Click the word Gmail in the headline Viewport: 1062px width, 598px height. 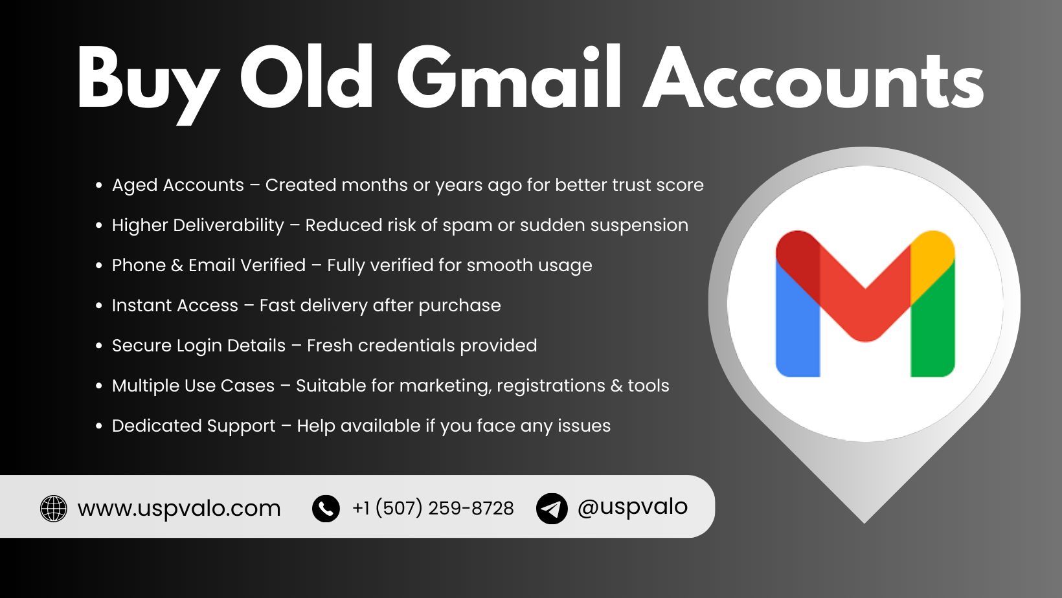pyautogui.click(x=509, y=79)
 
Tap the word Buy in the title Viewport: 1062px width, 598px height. pyautogui.click(x=148, y=81)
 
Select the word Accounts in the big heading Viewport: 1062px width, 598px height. pyautogui.click(x=813, y=79)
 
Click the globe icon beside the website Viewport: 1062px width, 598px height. pyautogui.click(x=54, y=509)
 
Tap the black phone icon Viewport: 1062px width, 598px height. pyautogui.click(x=326, y=509)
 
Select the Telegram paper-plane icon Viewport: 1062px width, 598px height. pyautogui.click(x=552, y=509)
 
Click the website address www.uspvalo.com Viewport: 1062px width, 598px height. pyautogui.click(x=179, y=509)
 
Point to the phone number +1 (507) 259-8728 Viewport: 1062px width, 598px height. pyautogui.click(x=433, y=509)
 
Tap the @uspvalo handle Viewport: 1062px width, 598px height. pyautogui.click(x=632, y=507)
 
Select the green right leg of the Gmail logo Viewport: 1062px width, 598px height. pyautogui.click(x=933, y=330)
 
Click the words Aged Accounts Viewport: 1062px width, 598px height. pyautogui.click(x=178, y=185)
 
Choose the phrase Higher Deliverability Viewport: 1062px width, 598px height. pyautogui.click(x=198, y=225)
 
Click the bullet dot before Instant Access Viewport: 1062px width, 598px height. pyautogui.click(x=99, y=305)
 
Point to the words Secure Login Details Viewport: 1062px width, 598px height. pyautogui.click(x=198, y=346)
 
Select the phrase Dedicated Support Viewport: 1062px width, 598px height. pyautogui.click(x=194, y=426)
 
